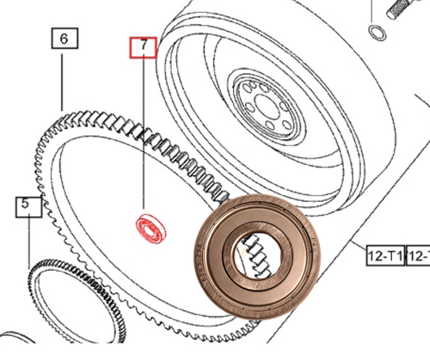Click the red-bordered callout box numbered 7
143,46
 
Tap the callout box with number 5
27,205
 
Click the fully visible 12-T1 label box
384,256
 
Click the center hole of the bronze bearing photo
258,257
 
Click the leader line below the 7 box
144,129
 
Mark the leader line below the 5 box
28,241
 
